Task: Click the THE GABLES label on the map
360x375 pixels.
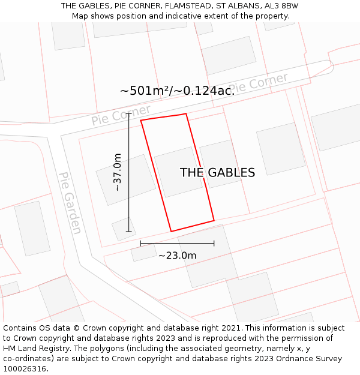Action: [x=217, y=173]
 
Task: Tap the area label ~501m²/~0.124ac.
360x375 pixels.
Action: [x=177, y=91]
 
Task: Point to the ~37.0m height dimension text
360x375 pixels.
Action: [x=118, y=172]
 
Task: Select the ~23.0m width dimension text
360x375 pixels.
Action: [x=177, y=256]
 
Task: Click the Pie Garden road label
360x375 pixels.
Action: [x=70, y=203]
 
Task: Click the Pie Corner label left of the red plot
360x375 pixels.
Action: [x=121, y=115]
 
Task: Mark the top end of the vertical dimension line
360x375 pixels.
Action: [x=128, y=113]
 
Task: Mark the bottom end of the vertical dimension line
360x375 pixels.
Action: [x=128, y=231]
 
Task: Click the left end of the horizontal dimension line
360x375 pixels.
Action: [x=140, y=244]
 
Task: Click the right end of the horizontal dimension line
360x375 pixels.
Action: [x=214, y=244]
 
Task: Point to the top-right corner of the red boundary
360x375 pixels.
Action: [x=186, y=113]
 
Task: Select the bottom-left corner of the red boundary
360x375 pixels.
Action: [x=171, y=231]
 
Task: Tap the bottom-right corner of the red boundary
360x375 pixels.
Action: [x=214, y=220]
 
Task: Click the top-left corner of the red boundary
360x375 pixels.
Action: [x=141, y=121]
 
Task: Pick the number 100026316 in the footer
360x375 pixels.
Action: [x=25, y=369]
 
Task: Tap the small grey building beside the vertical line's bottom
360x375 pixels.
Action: [x=124, y=229]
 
